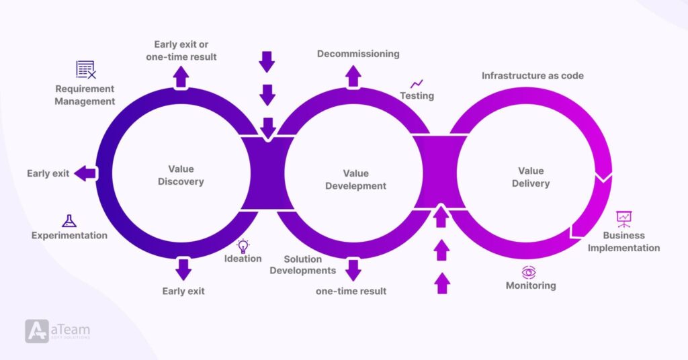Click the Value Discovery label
tap(181, 176)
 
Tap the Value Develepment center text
tap(355, 180)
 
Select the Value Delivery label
tap(531, 177)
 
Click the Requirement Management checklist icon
tap(85, 69)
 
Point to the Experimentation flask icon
tap(69, 220)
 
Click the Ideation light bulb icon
tap(243, 246)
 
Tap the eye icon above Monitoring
tap(529, 272)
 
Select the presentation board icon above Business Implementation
tap(624, 218)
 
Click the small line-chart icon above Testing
tap(417, 83)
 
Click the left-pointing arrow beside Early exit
tap(85, 173)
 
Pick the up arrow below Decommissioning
tap(353, 77)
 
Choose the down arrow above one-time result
tap(353, 270)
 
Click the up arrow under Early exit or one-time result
tap(181, 77)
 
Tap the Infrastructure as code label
tap(532, 76)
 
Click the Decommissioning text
tap(358, 54)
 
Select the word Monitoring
tap(531, 285)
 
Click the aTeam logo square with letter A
tap(37, 330)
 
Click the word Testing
tap(417, 96)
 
